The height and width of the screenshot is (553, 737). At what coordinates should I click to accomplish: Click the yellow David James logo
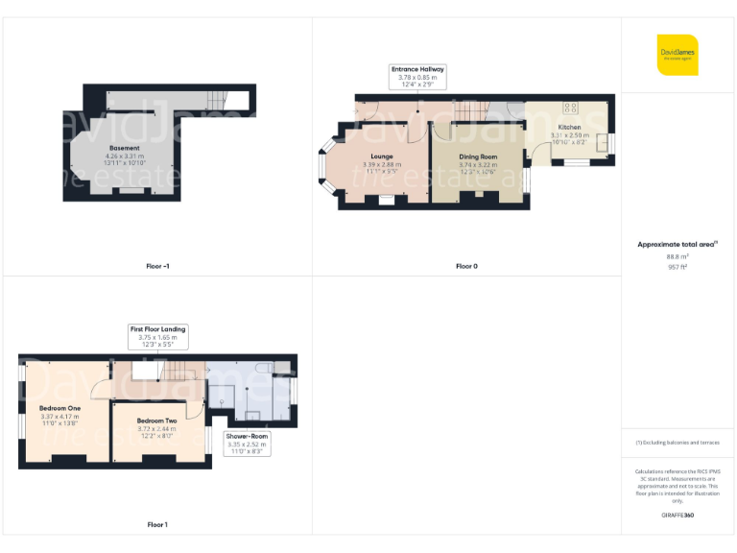coord(678,55)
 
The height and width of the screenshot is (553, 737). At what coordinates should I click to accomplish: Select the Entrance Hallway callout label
coord(416,75)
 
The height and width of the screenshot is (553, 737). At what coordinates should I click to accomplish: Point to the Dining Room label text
coord(478,156)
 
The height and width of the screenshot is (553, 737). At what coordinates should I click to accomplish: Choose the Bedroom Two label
coord(155,421)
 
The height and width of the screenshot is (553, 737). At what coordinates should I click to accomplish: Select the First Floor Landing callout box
coord(158,335)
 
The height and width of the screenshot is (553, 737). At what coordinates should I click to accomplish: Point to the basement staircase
coord(220,99)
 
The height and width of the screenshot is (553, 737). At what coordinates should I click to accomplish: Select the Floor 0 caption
coord(465,266)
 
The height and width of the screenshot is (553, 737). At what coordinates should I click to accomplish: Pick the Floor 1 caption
coord(157,524)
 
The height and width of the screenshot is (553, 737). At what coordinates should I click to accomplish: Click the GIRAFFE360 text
coord(678,516)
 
